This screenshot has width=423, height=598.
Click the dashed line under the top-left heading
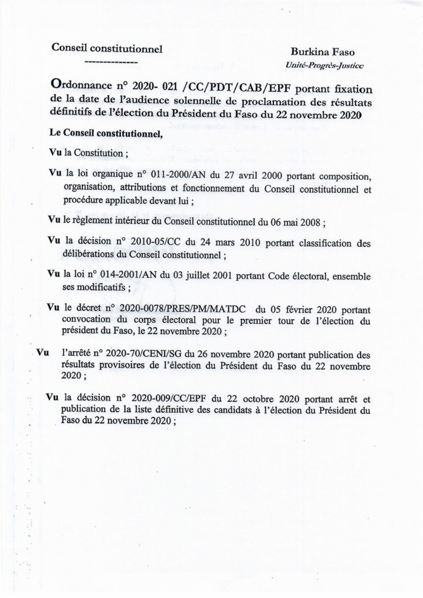tap(111, 61)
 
